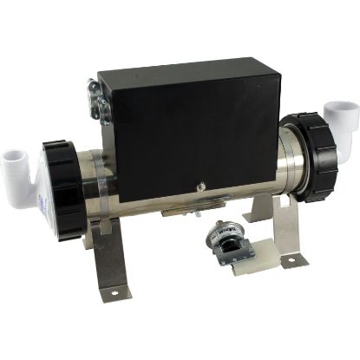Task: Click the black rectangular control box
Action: pyautogui.click(x=187, y=139)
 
